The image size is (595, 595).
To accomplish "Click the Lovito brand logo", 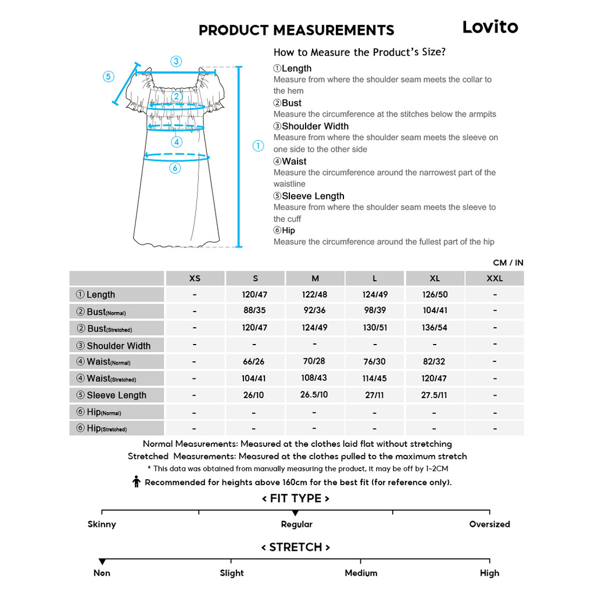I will point(490,27).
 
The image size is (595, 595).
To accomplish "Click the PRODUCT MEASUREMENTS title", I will point(296,30).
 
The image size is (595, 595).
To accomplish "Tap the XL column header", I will point(435,278).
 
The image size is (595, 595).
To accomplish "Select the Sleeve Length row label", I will point(116,395).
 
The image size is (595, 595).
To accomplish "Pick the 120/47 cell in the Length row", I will point(255,295).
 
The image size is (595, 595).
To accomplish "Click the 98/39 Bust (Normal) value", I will point(375,310).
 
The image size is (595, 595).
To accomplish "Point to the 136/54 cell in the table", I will point(435,328).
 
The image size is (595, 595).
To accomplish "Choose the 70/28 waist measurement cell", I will point(314,361).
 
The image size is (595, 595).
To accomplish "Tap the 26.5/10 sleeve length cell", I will point(314,395).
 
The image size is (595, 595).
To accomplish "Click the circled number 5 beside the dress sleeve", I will point(109,77).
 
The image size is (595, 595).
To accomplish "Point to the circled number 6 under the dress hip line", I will point(175,168).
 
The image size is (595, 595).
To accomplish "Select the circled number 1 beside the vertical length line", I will point(259,146).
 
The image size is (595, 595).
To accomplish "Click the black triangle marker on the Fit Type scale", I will point(296,513).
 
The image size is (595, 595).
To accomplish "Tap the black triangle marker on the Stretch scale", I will point(102,561).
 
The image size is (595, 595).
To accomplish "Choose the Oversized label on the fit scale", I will point(489,524).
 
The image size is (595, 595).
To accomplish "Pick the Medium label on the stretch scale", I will point(361,573).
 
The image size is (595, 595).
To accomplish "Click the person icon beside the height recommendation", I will point(137,482).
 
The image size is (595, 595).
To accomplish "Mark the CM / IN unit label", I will point(508,263).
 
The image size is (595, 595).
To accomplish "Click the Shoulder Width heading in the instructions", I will point(315,126).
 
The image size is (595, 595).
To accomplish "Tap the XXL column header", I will point(494,278).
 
